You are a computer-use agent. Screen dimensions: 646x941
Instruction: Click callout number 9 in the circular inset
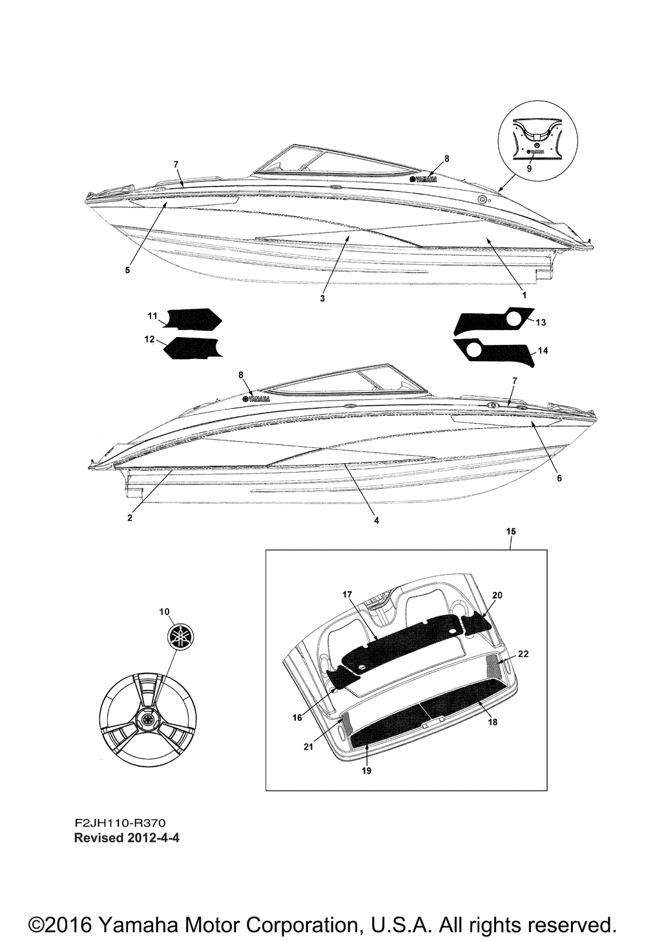tap(529, 168)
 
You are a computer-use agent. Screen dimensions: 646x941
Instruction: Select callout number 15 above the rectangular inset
tap(510, 531)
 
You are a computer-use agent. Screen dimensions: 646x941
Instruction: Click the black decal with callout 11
tap(194, 319)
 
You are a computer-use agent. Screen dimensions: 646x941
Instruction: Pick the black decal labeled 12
tap(194, 349)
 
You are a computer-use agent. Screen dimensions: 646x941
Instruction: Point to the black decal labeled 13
tap(491, 321)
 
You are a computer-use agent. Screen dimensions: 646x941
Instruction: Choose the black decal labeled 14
tap(497, 352)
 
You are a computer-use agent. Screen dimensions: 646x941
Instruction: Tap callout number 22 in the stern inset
tap(523, 654)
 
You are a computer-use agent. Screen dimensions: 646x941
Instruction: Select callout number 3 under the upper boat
tap(322, 298)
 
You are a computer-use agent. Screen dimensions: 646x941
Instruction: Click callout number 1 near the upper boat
tap(524, 295)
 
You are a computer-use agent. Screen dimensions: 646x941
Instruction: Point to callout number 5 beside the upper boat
tap(127, 270)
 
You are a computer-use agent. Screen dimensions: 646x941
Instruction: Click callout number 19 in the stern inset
tap(366, 770)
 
